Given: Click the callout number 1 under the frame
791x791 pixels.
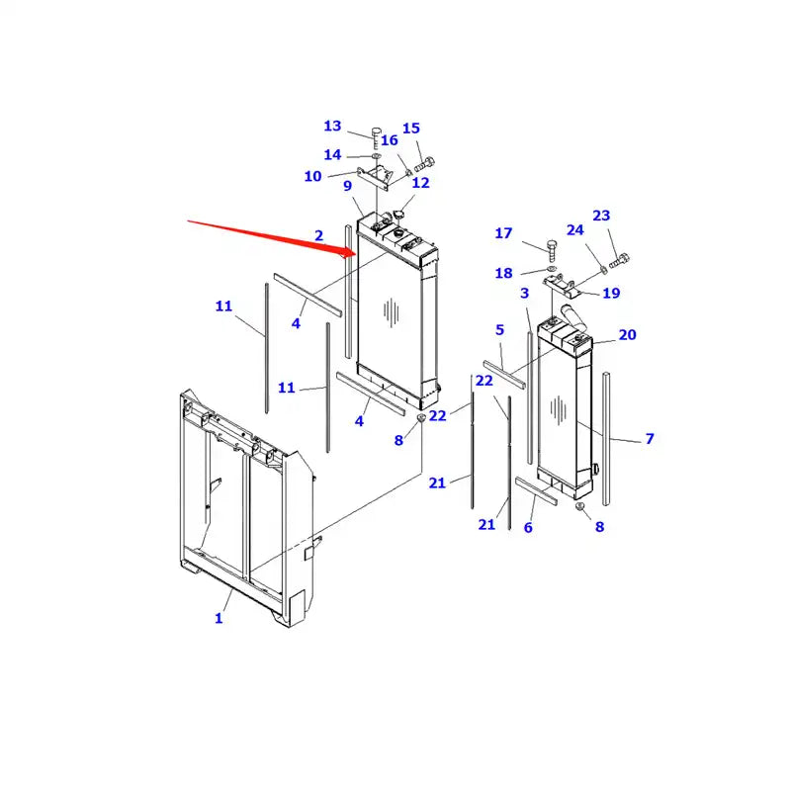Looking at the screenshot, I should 219,619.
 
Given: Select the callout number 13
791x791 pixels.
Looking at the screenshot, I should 332,127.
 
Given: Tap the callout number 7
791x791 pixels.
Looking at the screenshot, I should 650,439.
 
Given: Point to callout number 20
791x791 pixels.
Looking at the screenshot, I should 628,335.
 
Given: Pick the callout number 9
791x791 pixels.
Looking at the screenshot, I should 348,186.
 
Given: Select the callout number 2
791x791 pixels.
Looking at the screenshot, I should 318,235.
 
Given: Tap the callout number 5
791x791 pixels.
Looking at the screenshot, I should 499,330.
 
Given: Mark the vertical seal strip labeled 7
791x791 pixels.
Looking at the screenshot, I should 607,435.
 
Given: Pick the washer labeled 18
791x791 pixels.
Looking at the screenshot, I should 551,269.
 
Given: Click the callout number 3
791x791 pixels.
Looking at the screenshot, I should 525,294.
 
